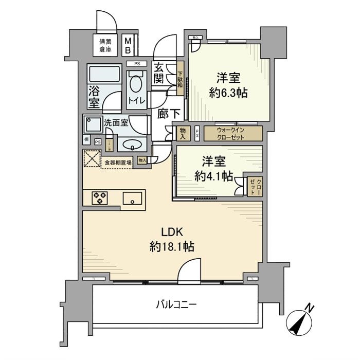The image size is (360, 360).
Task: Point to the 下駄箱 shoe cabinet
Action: tap(181, 80)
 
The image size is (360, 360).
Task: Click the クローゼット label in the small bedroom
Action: tap(258, 185)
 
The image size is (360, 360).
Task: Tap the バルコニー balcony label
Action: tap(176, 304)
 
